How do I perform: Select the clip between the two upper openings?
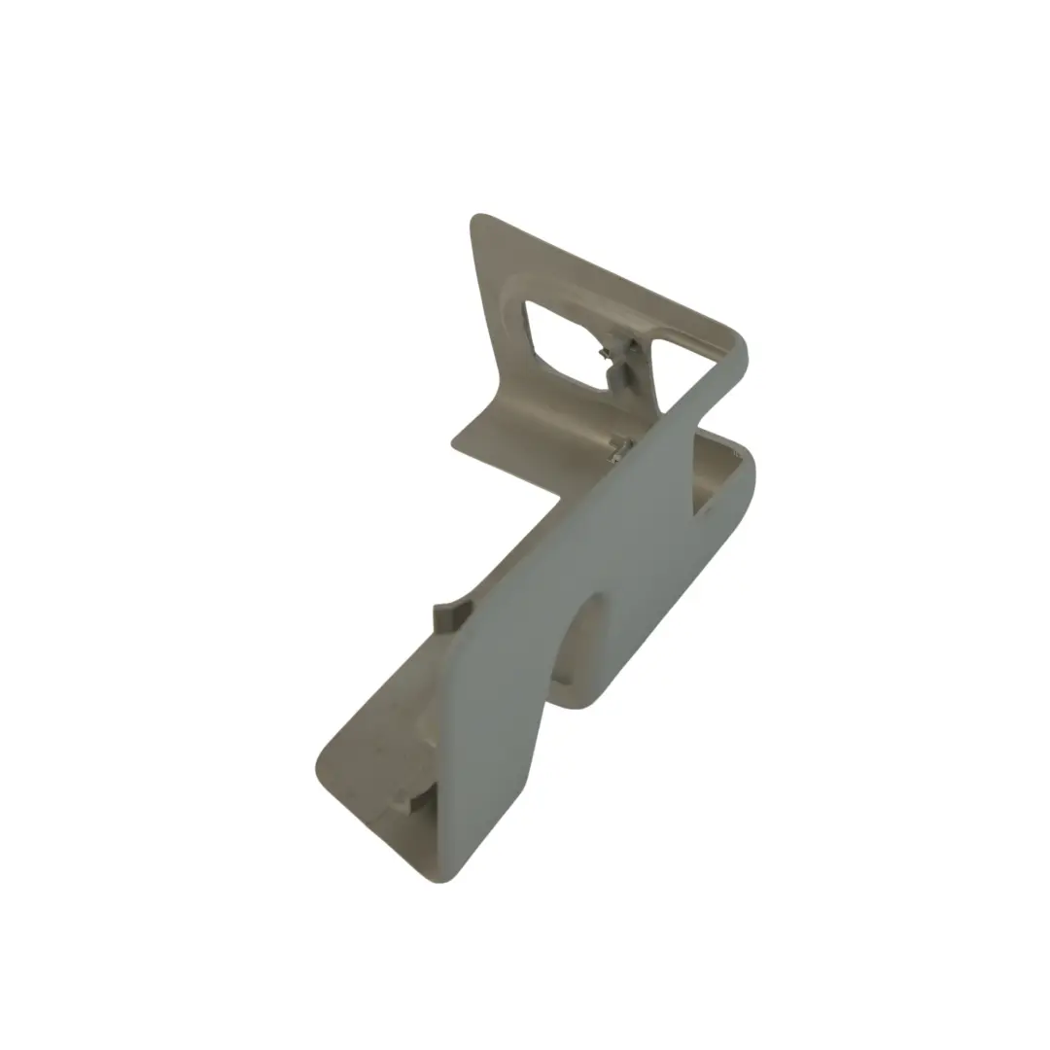[617, 360]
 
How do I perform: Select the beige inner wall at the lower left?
[389, 739]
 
